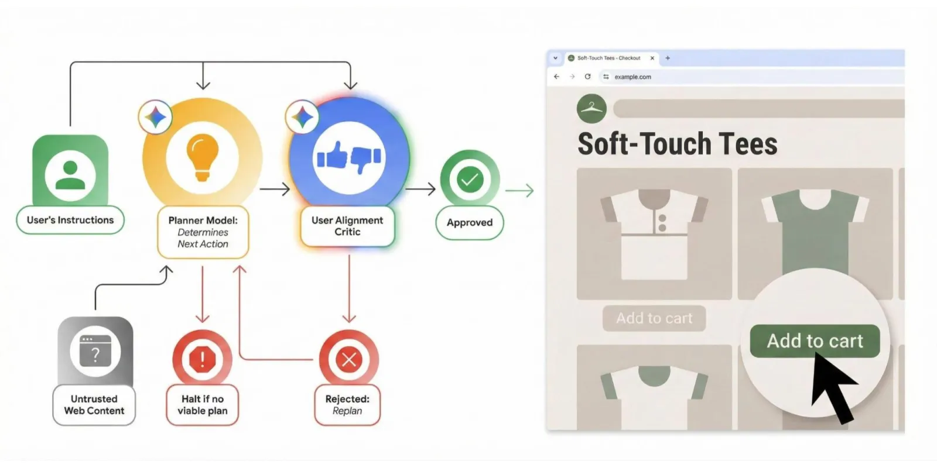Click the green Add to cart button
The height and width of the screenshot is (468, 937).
[x=815, y=341]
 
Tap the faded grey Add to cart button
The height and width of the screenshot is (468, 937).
[x=654, y=318]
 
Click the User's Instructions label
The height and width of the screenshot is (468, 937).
[x=70, y=220]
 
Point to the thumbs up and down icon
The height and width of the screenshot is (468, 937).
[x=349, y=158]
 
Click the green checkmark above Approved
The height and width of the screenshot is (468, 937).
[x=470, y=180]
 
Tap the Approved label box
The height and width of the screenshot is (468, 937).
[x=470, y=223]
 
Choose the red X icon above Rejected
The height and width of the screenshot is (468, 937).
[x=349, y=359]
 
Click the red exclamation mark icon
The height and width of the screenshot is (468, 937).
[x=203, y=359]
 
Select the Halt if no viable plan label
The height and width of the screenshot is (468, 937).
[x=203, y=405]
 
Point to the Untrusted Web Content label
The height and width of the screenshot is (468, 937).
[x=94, y=405]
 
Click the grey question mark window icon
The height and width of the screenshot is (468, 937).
[x=95, y=352]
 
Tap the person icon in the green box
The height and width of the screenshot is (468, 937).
[x=70, y=176]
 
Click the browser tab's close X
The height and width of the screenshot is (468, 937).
[x=652, y=58]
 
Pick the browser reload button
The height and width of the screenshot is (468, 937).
[x=588, y=77]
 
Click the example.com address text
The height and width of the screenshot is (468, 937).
[x=632, y=77]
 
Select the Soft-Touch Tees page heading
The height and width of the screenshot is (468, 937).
[x=677, y=144]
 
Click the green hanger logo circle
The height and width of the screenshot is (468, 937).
[x=591, y=109]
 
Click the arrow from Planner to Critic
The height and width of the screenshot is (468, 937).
[x=275, y=190]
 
